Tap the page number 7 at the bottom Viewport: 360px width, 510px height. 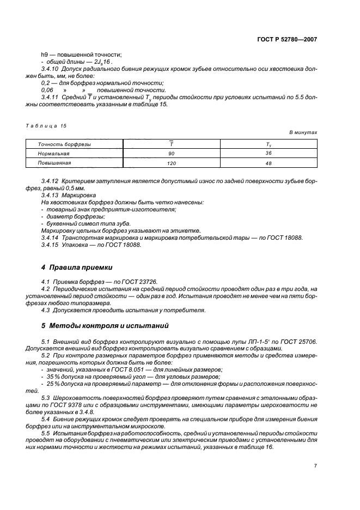coord(315,465)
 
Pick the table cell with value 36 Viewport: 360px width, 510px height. coord(269,154)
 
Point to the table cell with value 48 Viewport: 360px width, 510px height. coord(269,163)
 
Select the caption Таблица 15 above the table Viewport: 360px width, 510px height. coord(46,125)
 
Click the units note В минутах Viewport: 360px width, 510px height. coord(303,132)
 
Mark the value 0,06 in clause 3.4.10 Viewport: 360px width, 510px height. coord(47,90)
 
